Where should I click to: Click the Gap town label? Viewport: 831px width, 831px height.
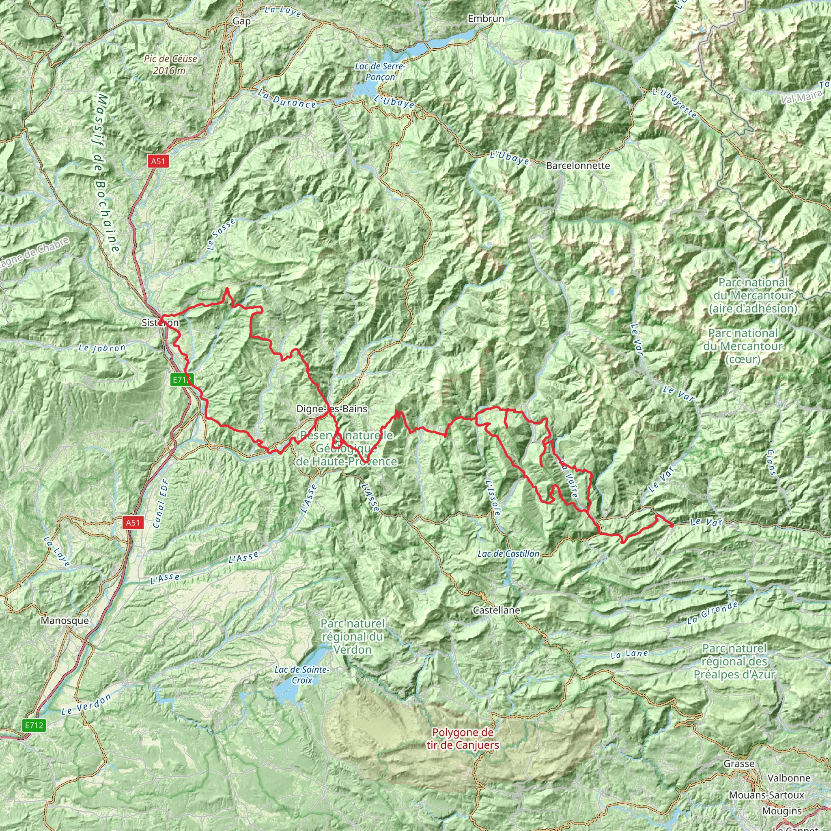(x=241, y=21)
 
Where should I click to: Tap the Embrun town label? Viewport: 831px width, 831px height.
(x=486, y=19)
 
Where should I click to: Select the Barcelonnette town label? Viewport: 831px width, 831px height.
(x=578, y=166)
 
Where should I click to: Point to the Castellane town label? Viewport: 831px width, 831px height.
(x=496, y=610)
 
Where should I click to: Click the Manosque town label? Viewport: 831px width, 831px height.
(x=65, y=620)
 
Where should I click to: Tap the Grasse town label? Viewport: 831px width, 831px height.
(x=739, y=764)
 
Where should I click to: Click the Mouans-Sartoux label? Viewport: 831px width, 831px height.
(x=766, y=795)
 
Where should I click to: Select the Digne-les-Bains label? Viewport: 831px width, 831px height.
(x=332, y=409)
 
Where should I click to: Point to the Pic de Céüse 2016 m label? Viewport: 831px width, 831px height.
(x=170, y=65)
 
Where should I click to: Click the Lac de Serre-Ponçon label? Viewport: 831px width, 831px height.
(x=380, y=71)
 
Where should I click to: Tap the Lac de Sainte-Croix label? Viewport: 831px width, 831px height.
(x=301, y=675)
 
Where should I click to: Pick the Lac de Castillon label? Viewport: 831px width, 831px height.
(x=508, y=553)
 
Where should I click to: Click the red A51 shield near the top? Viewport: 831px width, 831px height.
(x=158, y=161)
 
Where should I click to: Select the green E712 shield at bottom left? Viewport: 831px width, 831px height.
(x=34, y=726)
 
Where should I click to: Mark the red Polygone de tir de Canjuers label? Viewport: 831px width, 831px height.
(x=463, y=738)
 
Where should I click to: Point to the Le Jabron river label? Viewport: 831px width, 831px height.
(x=102, y=348)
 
